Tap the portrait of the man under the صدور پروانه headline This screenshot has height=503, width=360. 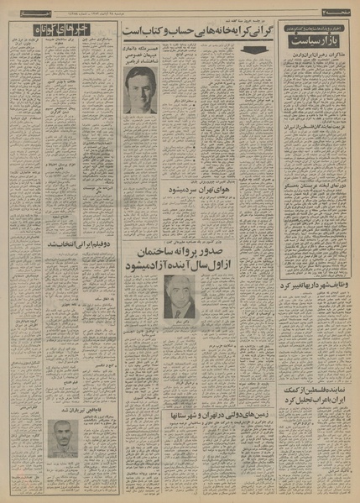(180, 296)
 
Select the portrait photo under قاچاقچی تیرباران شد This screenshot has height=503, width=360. (62, 438)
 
